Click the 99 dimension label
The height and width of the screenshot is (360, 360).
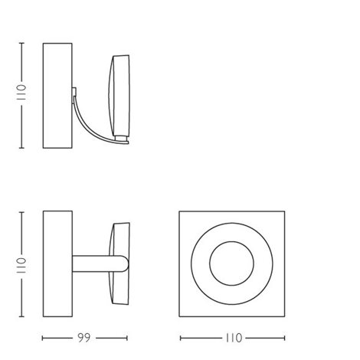point(84,338)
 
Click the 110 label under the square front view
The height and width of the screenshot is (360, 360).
point(234,338)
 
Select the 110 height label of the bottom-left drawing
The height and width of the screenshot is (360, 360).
point(21,266)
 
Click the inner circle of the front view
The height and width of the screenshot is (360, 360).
point(210,263)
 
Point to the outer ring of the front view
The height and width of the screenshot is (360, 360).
point(191,263)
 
